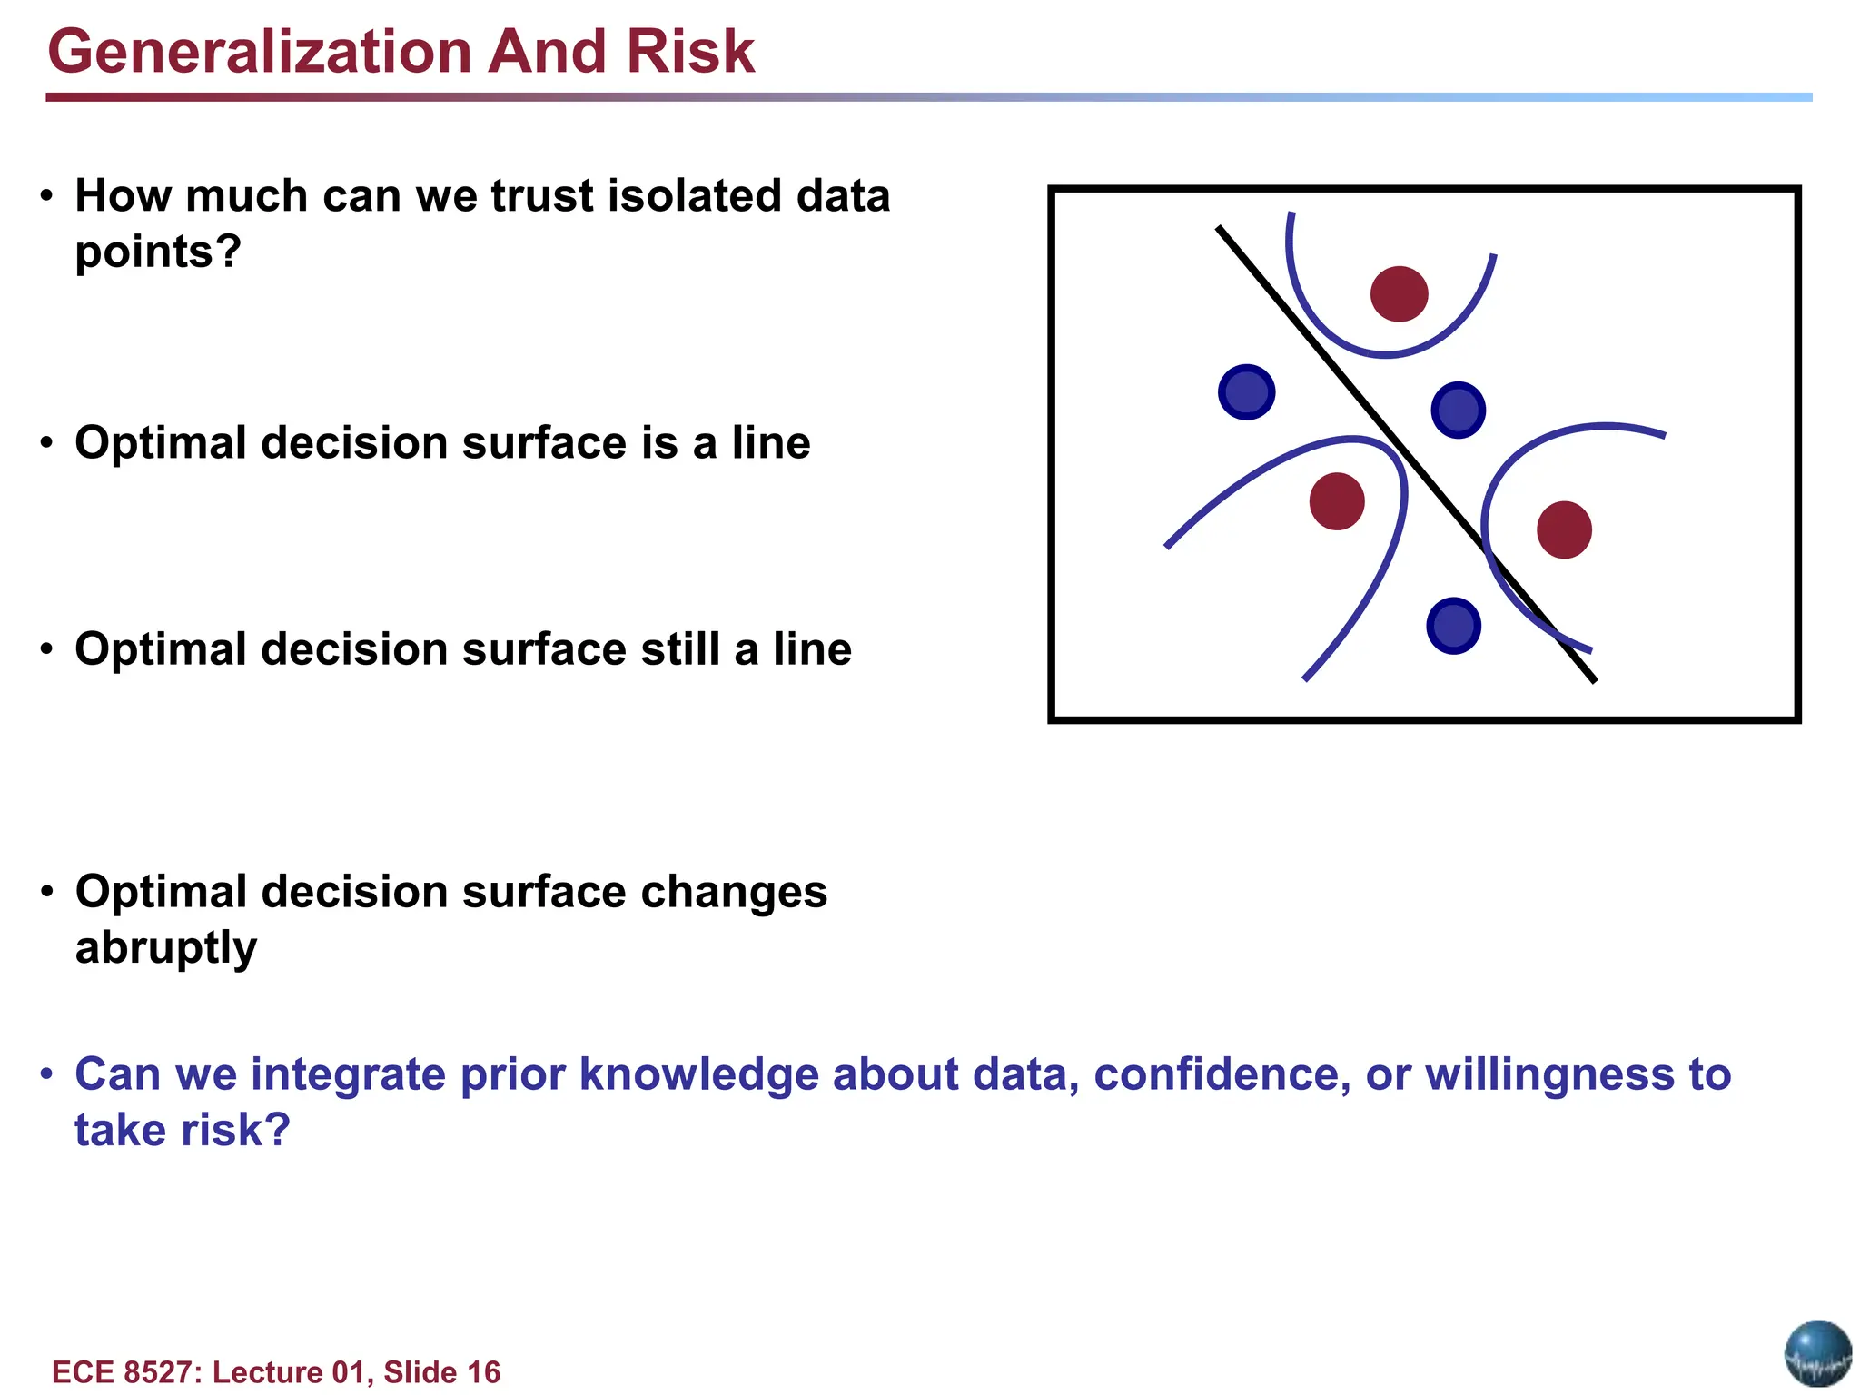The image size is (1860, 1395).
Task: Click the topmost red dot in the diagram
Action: tap(1399, 293)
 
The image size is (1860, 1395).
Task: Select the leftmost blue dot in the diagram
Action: tap(1246, 392)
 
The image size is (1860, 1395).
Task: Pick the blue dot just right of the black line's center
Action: tap(1458, 410)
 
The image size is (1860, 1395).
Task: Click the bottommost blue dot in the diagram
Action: tap(1453, 626)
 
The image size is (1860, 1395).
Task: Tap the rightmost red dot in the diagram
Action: tap(1564, 529)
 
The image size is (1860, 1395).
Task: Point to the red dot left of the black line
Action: tap(1337, 500)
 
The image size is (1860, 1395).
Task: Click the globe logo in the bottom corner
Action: tap(1817, 1353)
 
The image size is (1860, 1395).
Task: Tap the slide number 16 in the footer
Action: tap(483, 1371)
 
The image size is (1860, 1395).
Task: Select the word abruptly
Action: tap(166, 948)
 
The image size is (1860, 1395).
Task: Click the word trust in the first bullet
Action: tap(541, 196)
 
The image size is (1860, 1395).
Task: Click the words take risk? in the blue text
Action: tap(183, 1131)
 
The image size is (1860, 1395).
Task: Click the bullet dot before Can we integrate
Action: tap(47, 1075)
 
